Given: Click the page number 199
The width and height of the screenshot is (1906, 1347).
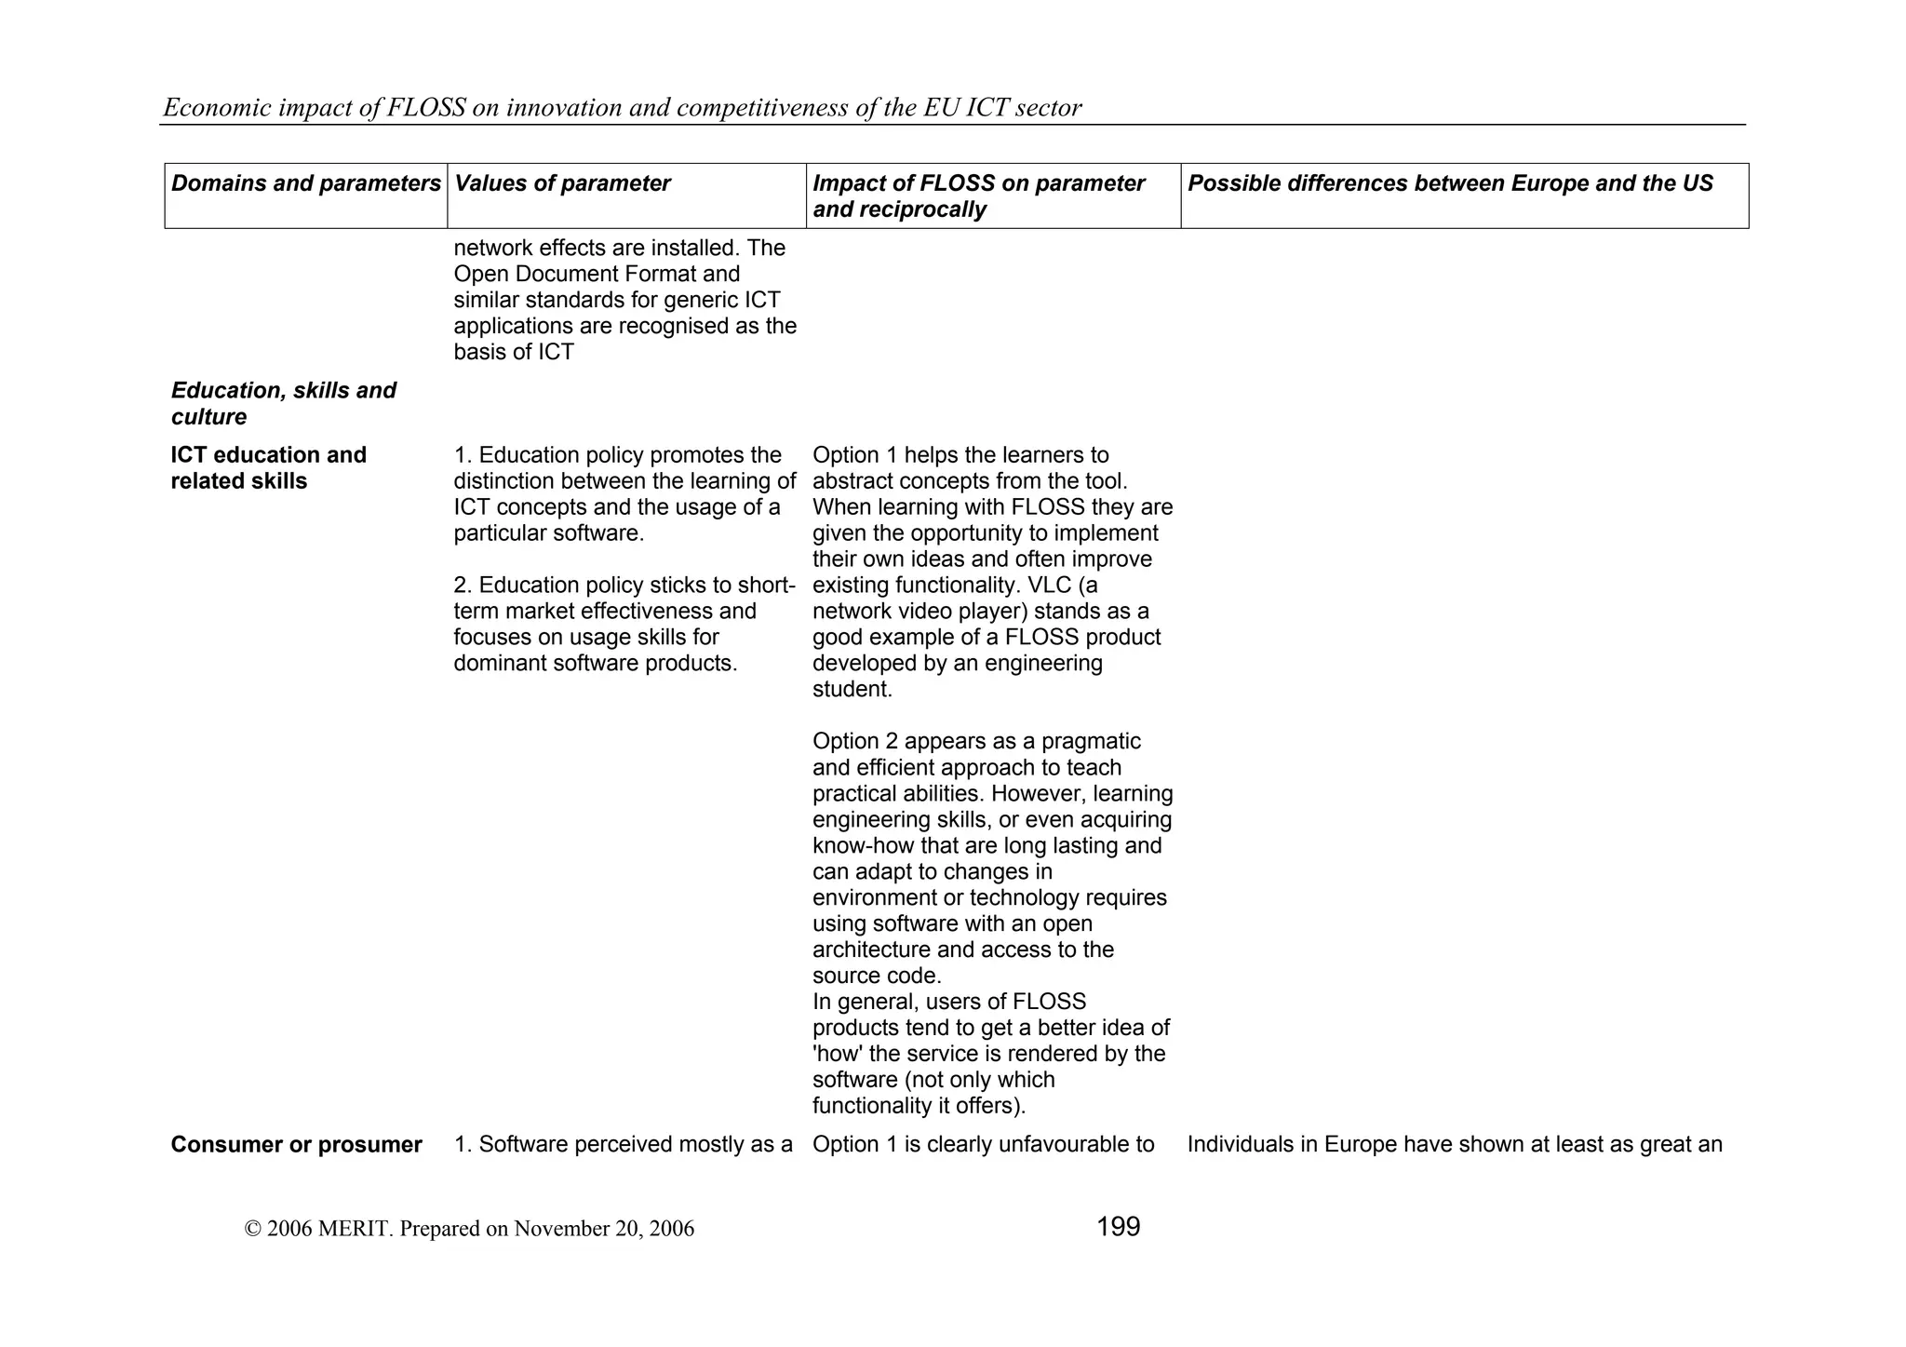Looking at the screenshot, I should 1118,1227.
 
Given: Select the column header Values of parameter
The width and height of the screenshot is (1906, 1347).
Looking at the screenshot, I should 562,183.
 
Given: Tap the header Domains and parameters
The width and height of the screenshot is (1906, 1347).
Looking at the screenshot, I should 305,183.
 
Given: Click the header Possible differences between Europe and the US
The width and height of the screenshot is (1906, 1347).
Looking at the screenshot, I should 1450,183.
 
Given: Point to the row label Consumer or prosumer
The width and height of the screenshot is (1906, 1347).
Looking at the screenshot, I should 296,1145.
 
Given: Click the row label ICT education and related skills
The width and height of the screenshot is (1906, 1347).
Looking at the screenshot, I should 268,468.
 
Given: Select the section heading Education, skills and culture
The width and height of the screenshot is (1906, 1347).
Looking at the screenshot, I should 283,403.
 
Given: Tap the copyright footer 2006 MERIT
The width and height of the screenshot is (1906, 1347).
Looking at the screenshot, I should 469,1229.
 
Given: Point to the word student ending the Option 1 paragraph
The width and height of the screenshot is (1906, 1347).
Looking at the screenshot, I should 850,690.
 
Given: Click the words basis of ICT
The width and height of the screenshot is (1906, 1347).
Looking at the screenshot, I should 514,353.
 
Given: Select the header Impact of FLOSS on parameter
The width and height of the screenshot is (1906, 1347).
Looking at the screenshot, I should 978,183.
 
